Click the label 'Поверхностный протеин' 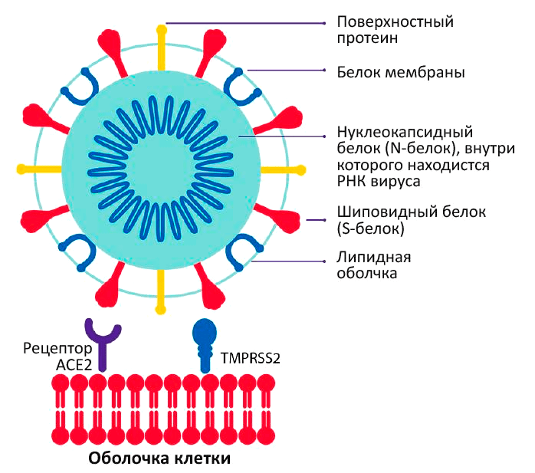395,30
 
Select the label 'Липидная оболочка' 368,264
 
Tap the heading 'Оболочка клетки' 160,458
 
